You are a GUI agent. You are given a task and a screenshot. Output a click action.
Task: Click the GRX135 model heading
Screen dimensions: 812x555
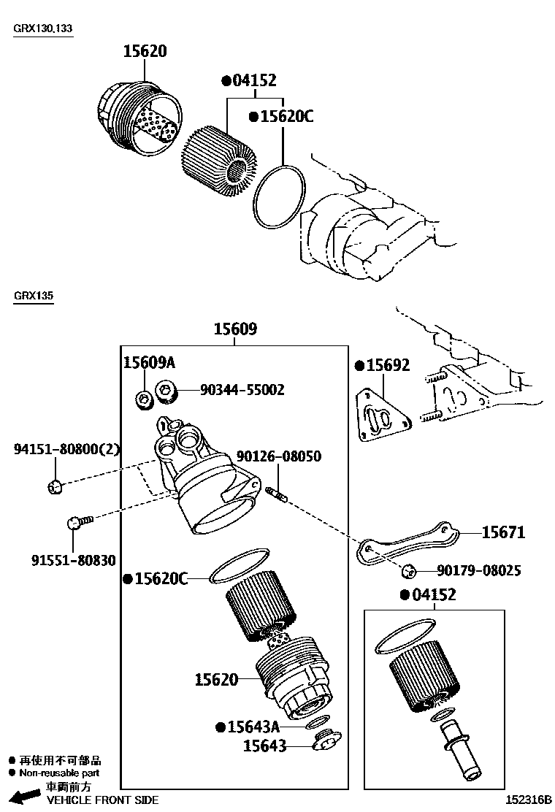[33, 296]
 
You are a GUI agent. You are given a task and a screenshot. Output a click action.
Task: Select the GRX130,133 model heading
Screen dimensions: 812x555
[43, 28]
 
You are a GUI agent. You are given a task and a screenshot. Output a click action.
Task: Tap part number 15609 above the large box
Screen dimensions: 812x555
[234, 329]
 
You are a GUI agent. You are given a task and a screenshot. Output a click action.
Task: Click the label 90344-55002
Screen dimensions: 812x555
[242, 390]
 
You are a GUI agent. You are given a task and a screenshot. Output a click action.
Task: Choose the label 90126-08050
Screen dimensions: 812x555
[278, 456]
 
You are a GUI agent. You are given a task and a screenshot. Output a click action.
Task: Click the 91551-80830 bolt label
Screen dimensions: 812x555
[73, 560]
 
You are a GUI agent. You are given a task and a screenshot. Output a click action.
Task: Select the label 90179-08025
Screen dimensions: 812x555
[478, 570]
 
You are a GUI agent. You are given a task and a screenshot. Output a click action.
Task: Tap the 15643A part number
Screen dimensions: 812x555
[253, 727]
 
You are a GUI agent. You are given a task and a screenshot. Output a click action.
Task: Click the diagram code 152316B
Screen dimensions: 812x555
[530, 800]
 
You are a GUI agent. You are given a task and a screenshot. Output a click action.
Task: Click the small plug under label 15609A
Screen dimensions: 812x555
[145, 398]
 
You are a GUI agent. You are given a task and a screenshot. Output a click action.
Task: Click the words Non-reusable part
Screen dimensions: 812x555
[59, 773]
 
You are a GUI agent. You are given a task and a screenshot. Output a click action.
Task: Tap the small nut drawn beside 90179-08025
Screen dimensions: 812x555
[408, 571]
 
